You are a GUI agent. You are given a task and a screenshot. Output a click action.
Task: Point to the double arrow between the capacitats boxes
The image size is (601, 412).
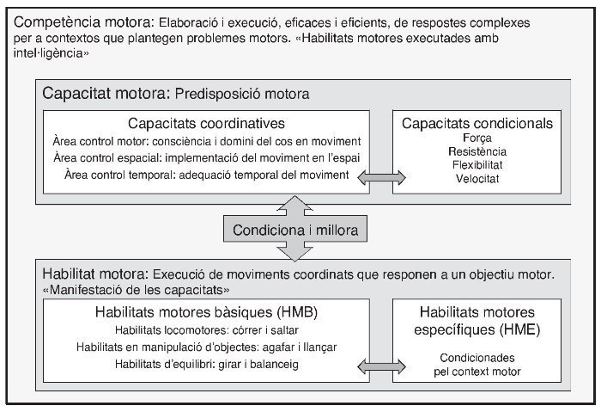[381, 176]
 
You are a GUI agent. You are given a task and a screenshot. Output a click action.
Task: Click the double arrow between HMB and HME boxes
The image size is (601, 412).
[381, 367]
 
